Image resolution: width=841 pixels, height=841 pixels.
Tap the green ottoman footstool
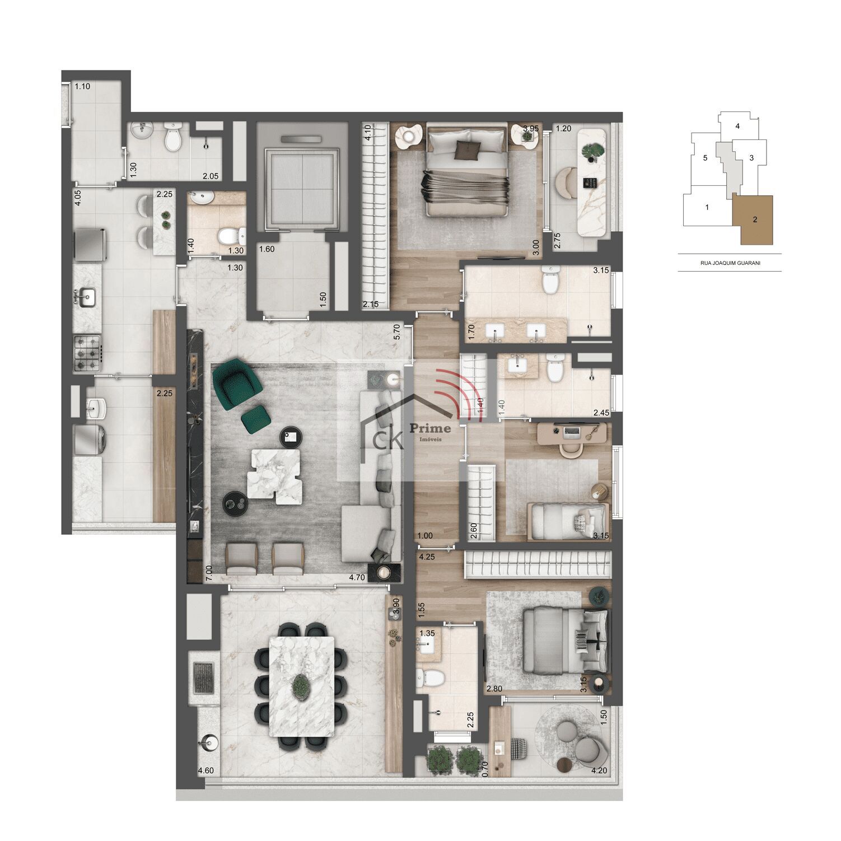(256, 419)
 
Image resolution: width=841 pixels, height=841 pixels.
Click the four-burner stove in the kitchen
(87, 353)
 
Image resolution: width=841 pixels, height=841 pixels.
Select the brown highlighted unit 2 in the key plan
(754, 219)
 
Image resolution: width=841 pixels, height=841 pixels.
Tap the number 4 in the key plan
(737, 126)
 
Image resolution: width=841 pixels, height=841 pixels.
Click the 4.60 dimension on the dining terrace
(205, 770)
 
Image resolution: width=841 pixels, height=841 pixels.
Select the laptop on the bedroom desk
(571, 431)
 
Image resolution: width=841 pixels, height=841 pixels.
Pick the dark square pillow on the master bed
(468, 149)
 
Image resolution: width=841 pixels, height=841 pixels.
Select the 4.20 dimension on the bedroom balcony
(599, 770)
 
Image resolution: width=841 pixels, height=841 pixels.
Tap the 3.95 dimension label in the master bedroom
(530, 128)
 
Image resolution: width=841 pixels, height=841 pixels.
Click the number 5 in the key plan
(705, 158)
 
